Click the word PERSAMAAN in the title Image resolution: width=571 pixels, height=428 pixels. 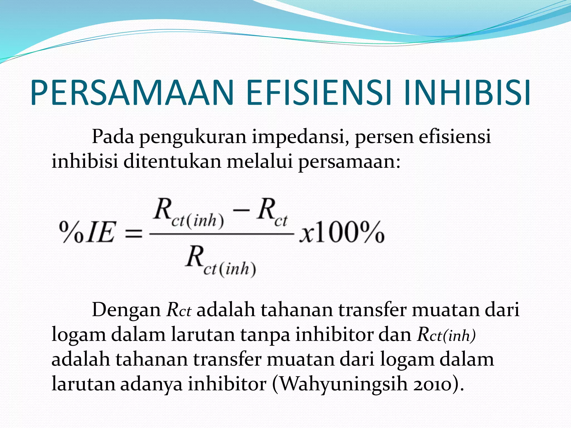pyautogui.click(x=132, y=93)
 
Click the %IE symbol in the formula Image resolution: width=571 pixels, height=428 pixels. pyautogui.click(x=87, y=232)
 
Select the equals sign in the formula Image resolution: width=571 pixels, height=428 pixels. pyautogui.click(x=133, y=233)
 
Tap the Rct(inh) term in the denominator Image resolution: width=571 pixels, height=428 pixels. pyautogui.click(x=221, y=262)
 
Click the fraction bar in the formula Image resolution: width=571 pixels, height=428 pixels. pyautogui.click(x=222, y=234)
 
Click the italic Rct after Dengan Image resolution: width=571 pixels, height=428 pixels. pyautogui.click(x=178, y=310)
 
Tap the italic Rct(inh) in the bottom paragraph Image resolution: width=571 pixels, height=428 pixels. pyautogui.click(x=446, y=334)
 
